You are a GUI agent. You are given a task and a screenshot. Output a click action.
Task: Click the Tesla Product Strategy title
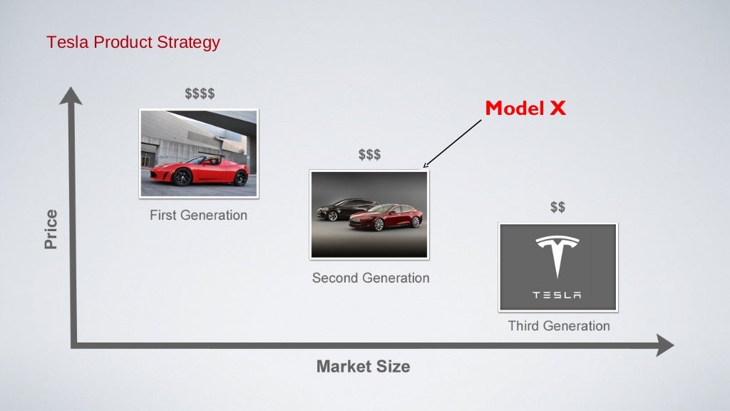point(133,42)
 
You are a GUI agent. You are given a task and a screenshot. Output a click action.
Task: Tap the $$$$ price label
point(200,93)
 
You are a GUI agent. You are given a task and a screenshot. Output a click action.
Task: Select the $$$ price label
point(369,155)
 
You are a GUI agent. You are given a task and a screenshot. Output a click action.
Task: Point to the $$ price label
point(557,207)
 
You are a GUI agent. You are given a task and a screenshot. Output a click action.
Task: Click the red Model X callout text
point(525,108)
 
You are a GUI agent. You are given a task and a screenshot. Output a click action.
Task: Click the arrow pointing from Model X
point(452,143)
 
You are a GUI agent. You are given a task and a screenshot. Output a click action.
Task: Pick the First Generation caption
point(198,215)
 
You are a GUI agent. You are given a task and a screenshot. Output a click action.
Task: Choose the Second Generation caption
point(371,278)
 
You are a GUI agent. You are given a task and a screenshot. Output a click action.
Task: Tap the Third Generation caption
point(559,326)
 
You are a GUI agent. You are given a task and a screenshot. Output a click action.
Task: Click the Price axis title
point(51,229)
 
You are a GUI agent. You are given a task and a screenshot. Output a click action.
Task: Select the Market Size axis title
point(363,367)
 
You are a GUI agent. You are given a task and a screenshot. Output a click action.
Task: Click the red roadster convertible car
point(200,171)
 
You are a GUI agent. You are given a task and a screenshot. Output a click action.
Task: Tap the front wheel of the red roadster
point(182,178)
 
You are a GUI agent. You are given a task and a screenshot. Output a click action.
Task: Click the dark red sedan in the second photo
point(386,217)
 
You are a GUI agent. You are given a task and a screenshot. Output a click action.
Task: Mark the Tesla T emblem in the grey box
point(557,256)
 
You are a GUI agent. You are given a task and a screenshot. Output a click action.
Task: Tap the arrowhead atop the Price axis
point(71,95)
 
